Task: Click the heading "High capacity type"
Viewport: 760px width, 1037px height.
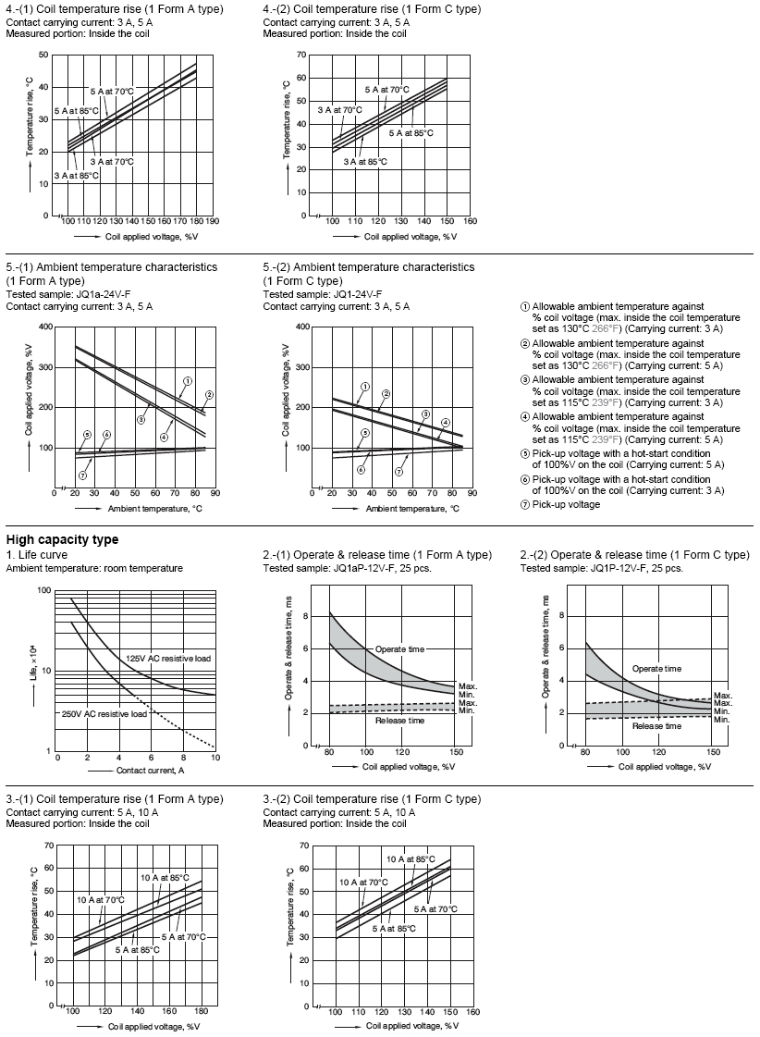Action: pyautogui.click(x=62, y=540)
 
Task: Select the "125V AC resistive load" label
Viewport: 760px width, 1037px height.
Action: pyautogui.click(x=168, y=658)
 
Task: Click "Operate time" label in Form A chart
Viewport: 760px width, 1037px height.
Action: pyautogui.click(x=399, y=649)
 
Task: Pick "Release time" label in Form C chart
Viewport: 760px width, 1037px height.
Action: pyautogui.click(x=656, y=726)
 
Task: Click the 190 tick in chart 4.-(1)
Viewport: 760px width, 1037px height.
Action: pyautogui.click(x=212, y=222)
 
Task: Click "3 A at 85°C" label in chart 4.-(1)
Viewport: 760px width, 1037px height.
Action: pyautogui.click(x=76, y=175)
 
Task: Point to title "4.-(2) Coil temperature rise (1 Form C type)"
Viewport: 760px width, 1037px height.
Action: pyautogui.click(x=372, y=9)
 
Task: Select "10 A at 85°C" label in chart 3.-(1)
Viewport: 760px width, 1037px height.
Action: pyautogui.click(x=165, y=877)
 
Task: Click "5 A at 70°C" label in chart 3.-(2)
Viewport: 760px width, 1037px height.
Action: pyautogui.click(x=435, y=909)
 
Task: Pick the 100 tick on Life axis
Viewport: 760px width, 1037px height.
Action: pyautogui.click(x=43, y=590)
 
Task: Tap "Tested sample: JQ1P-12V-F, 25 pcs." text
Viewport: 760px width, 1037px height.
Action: pyautogui.click(x=601, y=568)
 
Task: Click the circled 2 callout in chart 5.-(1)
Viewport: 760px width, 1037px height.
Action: pyautogui.click(x=209, y=395)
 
